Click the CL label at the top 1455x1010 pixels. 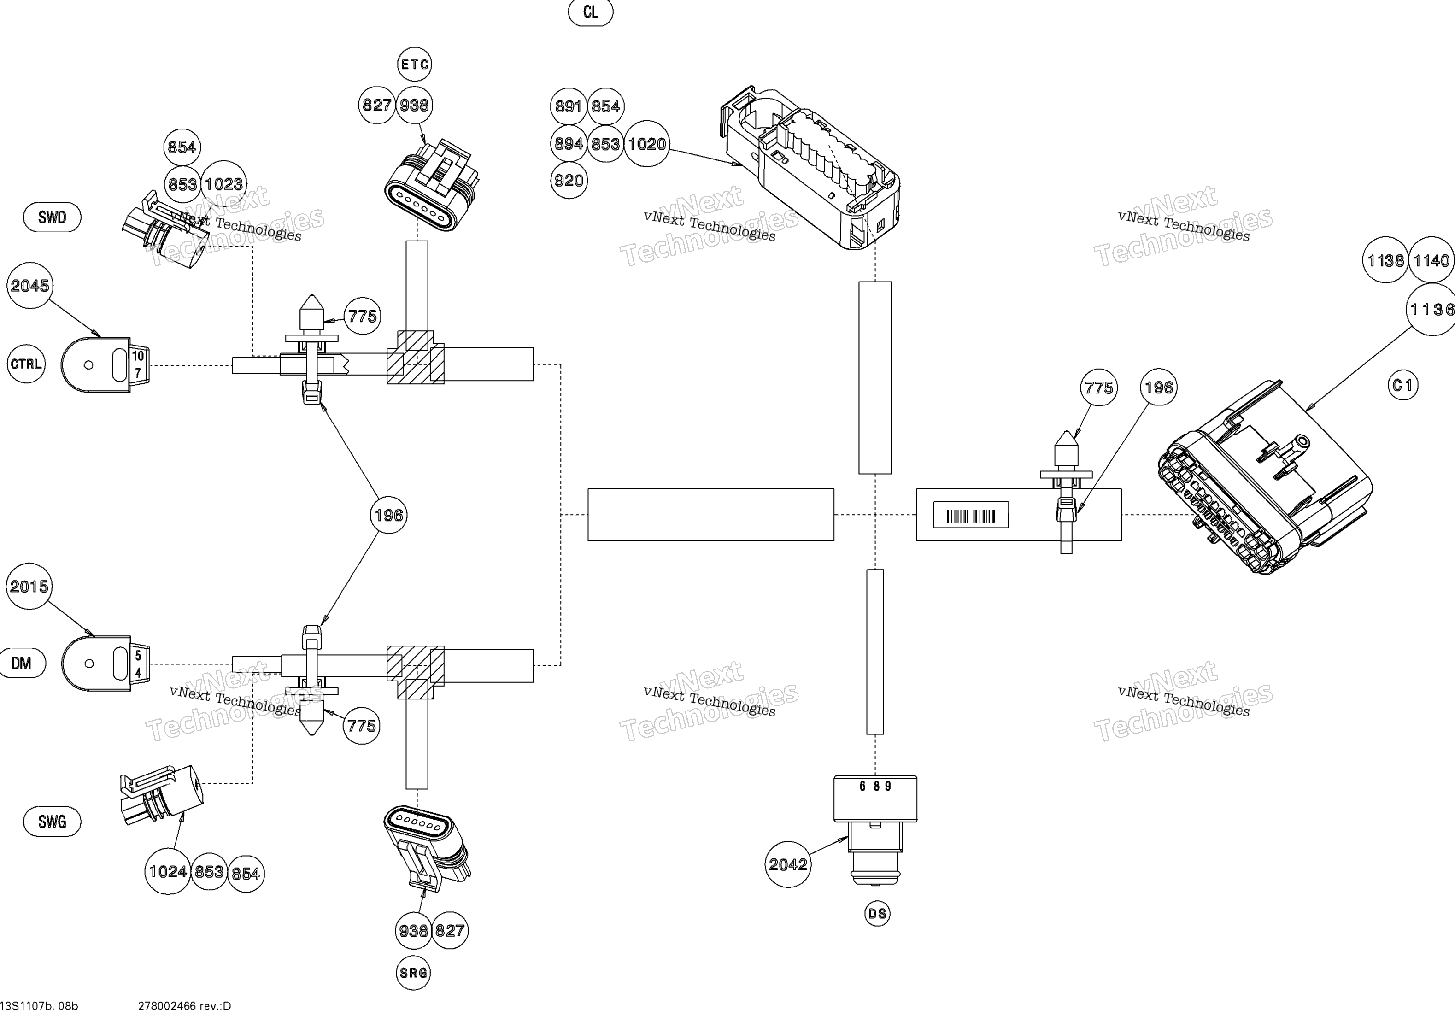(590, 12)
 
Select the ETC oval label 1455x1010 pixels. (414, 64)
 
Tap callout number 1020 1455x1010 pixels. (646, 144)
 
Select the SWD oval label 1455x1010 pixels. (52, 217)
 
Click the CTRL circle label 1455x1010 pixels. (26, 364)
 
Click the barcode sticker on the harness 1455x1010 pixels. (970, 515)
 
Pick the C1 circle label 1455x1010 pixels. (1403, 385)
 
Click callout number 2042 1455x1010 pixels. (787, 864)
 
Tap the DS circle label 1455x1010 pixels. (877, 913)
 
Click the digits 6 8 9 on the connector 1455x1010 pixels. (875, 786)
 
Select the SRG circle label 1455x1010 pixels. (413, 972)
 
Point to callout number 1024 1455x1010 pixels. (168, 871)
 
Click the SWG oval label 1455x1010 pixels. (52, 822)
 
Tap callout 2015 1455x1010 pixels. (29, 586)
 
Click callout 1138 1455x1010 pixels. (1385, 260)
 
